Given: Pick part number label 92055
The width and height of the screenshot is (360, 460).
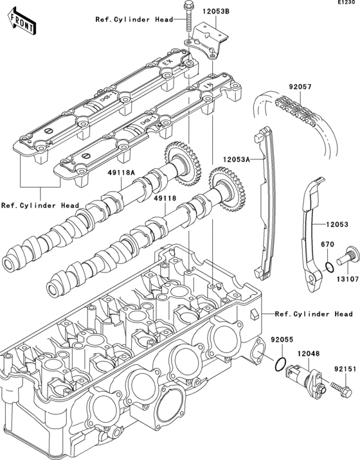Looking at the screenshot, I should coord(281,338).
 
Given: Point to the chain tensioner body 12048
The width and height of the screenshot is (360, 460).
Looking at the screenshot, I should coord(301,377).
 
